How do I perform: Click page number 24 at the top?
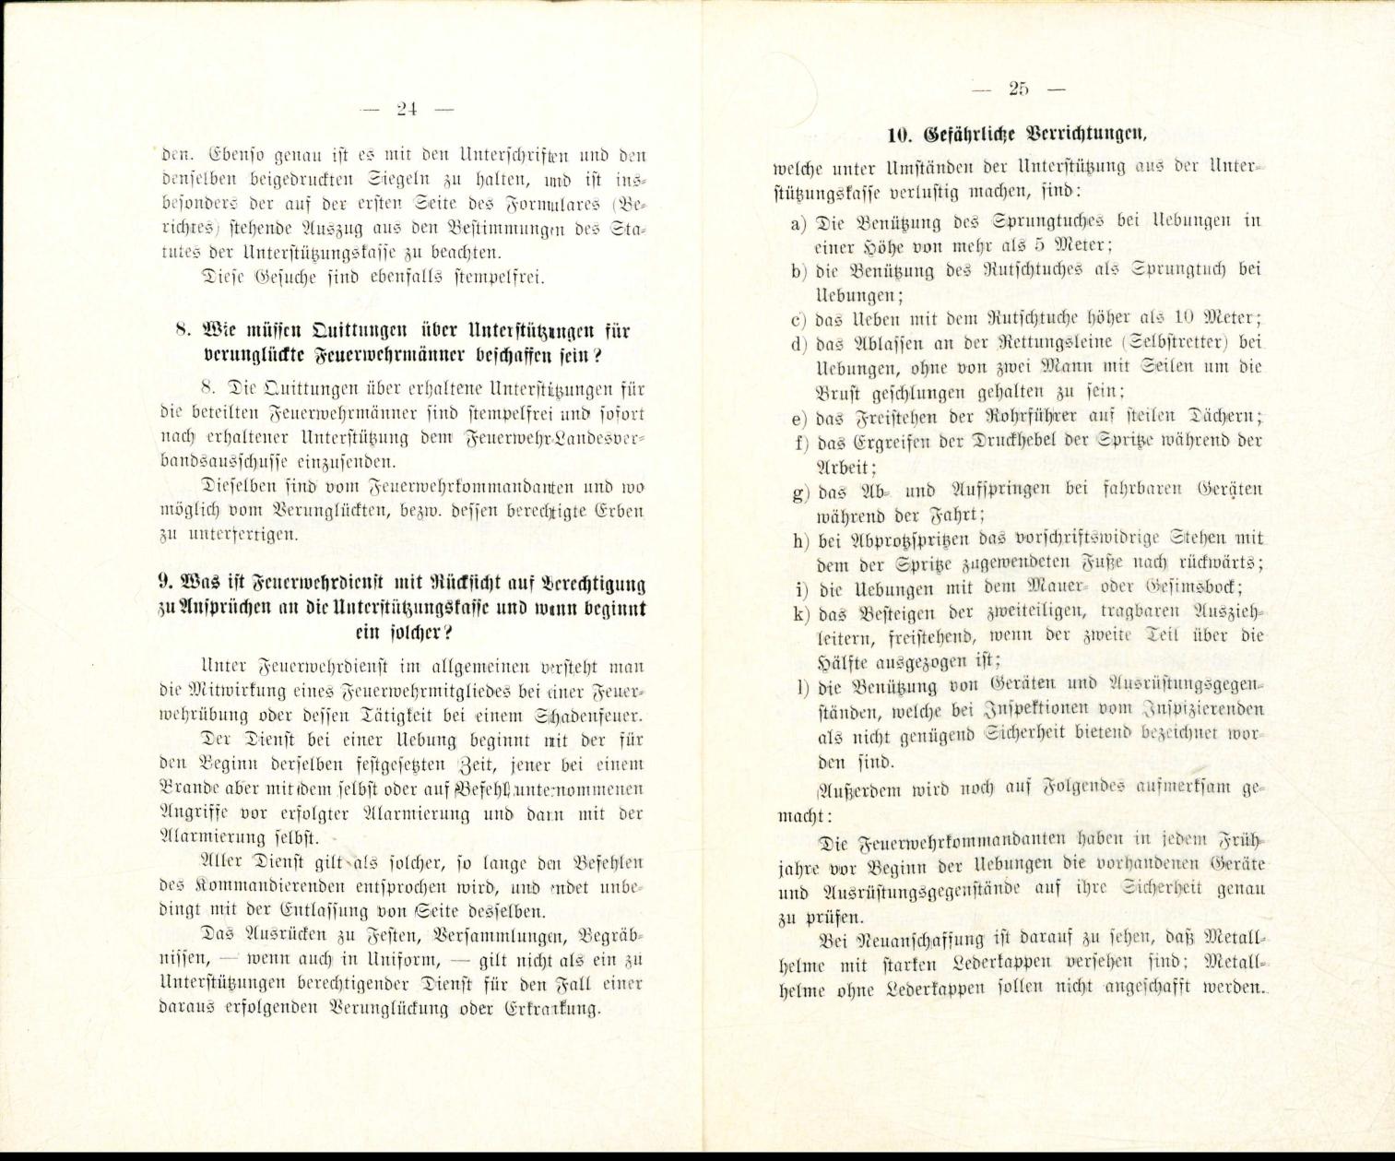[407, 109]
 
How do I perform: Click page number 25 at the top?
[1018, 89]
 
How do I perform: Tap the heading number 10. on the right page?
[898, 136]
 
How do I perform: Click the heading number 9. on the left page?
[165, 584]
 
